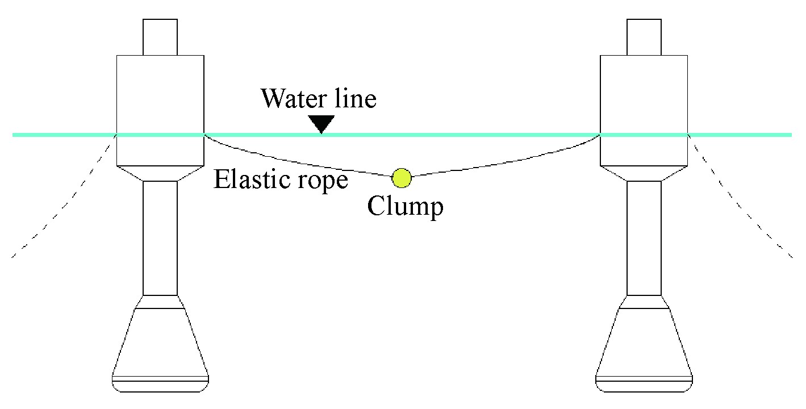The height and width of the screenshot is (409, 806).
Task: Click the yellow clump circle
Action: pos(402,178)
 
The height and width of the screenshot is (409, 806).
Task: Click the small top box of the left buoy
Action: pos(160,37)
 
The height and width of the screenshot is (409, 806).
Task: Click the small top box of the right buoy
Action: pos(644,37)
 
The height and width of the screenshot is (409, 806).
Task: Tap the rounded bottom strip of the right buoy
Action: pos(644,385)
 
